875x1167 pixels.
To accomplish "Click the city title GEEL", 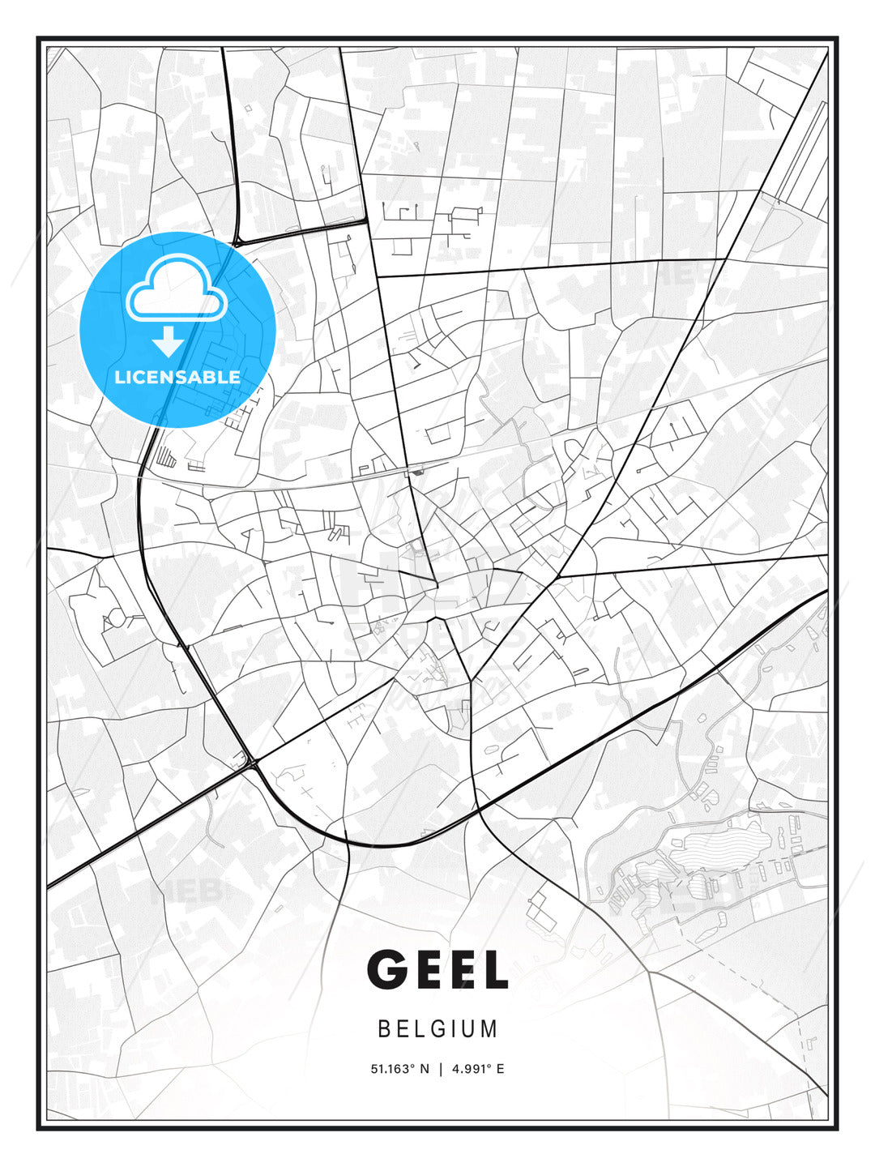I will [437, 969].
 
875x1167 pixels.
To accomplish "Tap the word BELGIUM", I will [437, 1028].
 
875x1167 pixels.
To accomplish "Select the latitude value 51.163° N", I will [399, 1069].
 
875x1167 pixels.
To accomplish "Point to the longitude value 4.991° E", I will [478, 1069].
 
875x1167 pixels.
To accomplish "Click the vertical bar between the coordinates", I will [440, 1069].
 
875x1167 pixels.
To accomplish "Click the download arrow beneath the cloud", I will [168, 342].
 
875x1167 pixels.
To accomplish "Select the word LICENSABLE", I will [177, 377].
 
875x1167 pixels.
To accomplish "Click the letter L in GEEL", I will [493, 969].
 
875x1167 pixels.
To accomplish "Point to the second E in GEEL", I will [462, 969].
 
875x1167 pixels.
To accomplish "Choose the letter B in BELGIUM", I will [384, 1028].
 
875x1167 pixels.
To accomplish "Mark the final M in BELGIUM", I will [489, 1028].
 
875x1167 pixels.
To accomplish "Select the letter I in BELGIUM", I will [454, 1028].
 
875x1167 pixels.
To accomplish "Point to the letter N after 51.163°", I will [424, 1069].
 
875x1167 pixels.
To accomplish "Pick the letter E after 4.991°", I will [500, 1069].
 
